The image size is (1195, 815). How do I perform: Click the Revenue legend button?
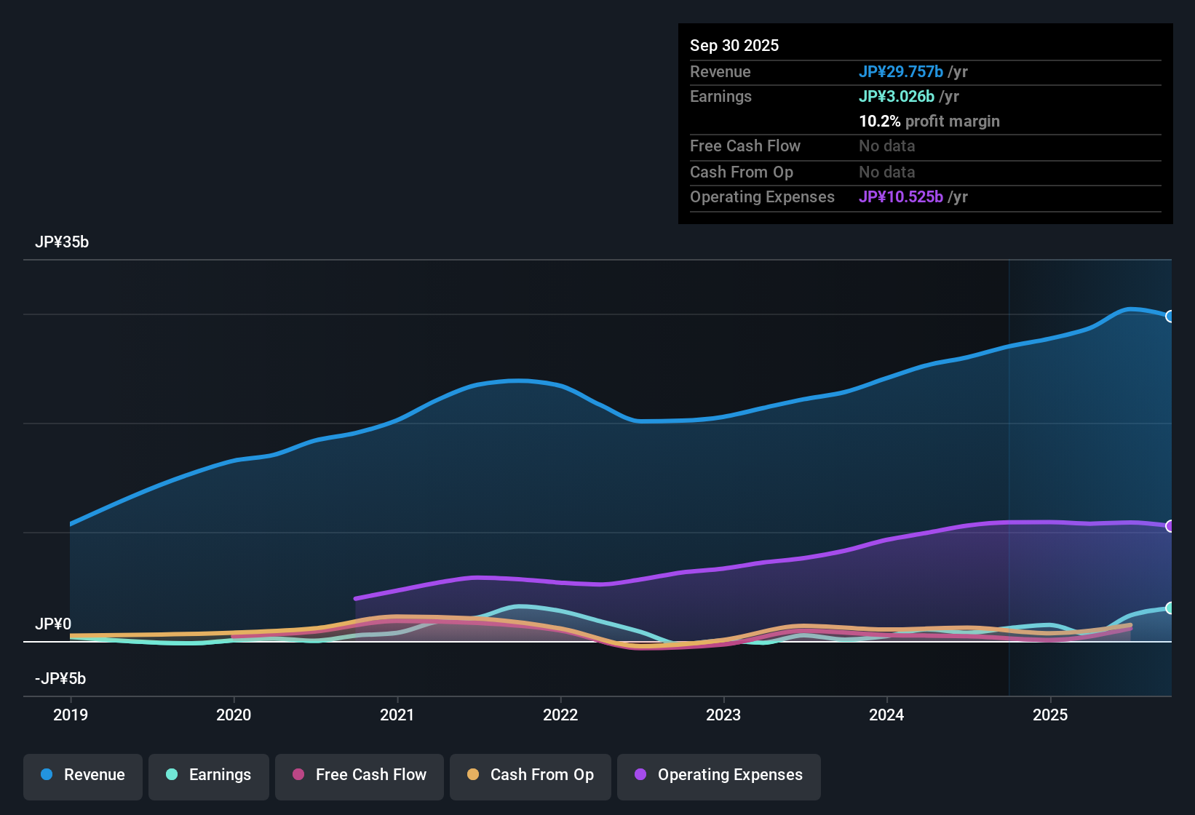(x=83, y=775)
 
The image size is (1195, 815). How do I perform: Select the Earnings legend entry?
(x=209, y=775)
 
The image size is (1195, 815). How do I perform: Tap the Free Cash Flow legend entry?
(x=360, y=775)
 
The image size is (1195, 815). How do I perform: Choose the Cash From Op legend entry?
(x=531, y=775)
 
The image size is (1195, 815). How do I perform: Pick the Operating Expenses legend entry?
(x=719, y=775)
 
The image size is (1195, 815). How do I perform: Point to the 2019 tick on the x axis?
(x=71, y=715)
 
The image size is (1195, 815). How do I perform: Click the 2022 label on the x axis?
(x=560, y=715)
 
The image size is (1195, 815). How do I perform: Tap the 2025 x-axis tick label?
(x=1050, y=715)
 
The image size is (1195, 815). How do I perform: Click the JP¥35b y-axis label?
(x=62, y=242)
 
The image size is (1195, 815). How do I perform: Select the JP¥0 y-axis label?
(x=53, y=624)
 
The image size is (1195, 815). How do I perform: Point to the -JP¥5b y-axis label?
(x=60, y=679)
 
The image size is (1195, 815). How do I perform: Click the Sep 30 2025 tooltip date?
(x=734, y=45)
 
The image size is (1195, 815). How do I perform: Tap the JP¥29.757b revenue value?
(x=901, y=71)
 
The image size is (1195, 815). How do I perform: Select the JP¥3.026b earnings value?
(x=897, y=96)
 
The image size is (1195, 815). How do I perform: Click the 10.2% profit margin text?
(x=929, y=121)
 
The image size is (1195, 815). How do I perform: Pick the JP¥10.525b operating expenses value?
(x=901, y=196)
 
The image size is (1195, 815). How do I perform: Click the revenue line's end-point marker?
(x=1170, y=316)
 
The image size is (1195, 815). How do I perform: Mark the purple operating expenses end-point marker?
(x=1170, y=525)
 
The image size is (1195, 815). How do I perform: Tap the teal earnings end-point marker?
(x=1170, y=608)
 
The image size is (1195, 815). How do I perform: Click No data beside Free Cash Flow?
(x=886, y=146)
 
